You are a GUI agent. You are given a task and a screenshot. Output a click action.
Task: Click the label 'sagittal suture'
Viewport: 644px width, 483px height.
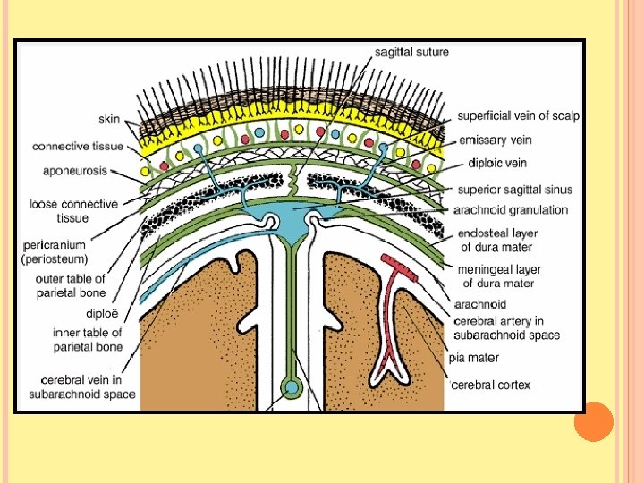[x=412, y=53]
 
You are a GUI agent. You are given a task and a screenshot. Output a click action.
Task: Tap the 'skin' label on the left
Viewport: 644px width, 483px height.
[x=110, y=118]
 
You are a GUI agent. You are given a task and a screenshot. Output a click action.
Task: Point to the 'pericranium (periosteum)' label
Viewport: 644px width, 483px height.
[x=55, y=252]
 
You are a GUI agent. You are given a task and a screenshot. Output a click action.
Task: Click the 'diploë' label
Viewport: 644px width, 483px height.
[x=99, y=313]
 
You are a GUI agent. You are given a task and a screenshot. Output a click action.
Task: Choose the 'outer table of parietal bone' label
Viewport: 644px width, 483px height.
[x=71, y=285]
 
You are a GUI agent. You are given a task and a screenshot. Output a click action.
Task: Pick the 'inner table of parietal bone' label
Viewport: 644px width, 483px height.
[x=86, y=340]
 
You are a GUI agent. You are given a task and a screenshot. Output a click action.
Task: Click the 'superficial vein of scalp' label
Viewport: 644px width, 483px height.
[x=518, y=116]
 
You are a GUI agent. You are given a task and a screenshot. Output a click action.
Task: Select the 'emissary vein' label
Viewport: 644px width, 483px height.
[x=495, y=140]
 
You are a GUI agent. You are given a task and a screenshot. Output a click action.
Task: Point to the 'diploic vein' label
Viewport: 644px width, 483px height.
[x=496, y=164]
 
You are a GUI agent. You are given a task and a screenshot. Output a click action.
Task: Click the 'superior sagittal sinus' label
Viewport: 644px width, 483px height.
[x=514, y=190]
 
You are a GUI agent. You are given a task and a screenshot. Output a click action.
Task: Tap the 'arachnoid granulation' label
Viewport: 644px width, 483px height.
[x=511, y=210]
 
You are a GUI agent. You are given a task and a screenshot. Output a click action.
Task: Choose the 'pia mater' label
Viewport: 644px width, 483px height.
[x=474, y=359]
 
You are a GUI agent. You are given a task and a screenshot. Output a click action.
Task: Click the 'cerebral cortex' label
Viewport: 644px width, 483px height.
[x=489, y=386]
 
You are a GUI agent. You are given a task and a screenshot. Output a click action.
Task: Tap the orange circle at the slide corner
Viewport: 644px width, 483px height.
[x=593, y=421]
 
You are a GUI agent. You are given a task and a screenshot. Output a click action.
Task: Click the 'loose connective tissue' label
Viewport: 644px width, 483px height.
[x=72, y=211]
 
